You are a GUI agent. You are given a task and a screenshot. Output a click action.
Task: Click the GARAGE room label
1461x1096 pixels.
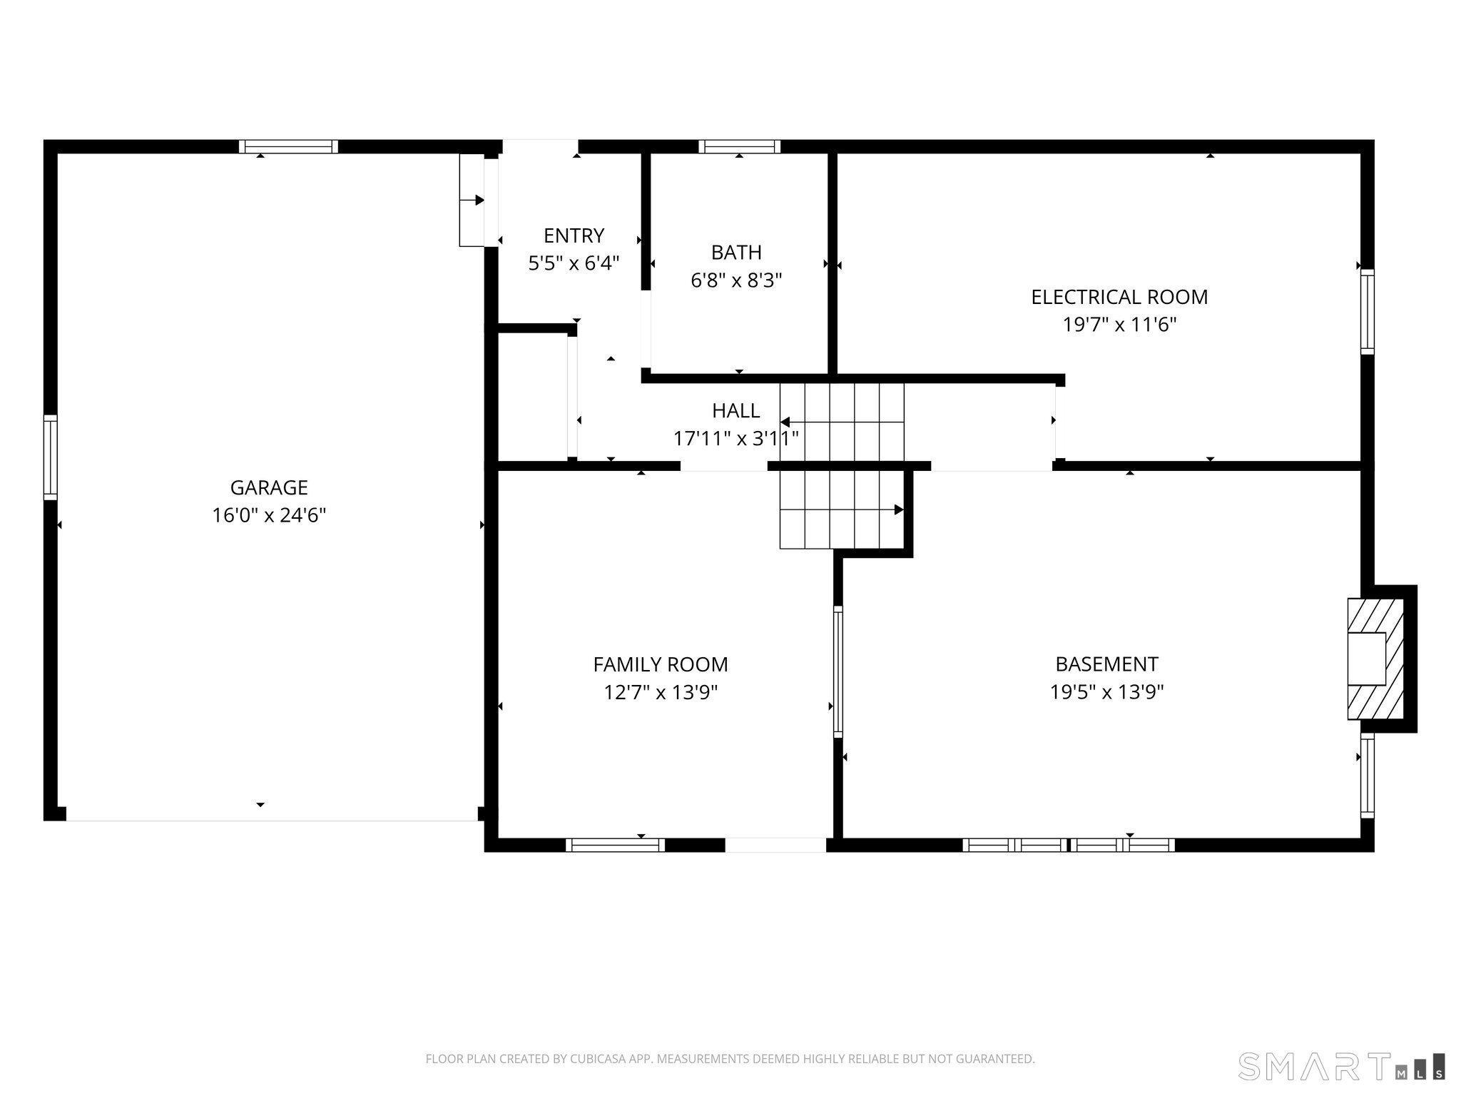point(269,487)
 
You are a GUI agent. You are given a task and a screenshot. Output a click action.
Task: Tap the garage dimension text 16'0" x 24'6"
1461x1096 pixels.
point(269,515)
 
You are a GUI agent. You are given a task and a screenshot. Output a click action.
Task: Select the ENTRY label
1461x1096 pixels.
point(574,235)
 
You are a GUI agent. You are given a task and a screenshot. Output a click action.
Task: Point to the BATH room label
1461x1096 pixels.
point(736,253)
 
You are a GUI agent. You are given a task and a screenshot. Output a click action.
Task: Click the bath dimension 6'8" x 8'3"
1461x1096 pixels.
point(736,280)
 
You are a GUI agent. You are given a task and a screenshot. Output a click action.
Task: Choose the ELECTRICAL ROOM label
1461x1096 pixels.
point(1119,297)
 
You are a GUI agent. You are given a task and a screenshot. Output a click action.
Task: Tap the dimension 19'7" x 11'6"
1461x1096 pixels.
point(1119,325)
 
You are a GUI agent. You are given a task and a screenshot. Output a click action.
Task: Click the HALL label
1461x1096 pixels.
point(735,410)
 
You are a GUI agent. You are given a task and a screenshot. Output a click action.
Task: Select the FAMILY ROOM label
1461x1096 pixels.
point(661,664)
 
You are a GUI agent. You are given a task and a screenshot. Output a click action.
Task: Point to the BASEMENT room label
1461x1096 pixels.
point(1106,664)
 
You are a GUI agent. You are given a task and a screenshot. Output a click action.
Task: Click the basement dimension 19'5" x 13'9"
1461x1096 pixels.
point(1106,692)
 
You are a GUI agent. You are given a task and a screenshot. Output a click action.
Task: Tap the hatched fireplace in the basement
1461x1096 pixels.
point(1375,659)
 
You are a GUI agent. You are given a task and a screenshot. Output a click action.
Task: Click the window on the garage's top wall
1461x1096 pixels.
point(288,146)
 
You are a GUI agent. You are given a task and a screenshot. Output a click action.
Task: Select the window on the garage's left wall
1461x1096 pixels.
point(50,457)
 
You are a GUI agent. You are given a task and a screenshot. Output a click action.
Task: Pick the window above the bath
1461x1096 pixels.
point(739,146)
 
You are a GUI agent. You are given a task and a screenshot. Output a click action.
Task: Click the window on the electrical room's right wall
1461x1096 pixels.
point(1367,311)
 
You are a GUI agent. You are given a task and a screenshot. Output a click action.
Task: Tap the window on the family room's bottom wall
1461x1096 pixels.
point(615,845)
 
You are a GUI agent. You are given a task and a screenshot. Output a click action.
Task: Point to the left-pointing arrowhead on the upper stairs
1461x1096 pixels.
point(785,422)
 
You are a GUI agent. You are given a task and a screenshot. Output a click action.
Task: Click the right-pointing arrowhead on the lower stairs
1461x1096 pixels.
point(899,509)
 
